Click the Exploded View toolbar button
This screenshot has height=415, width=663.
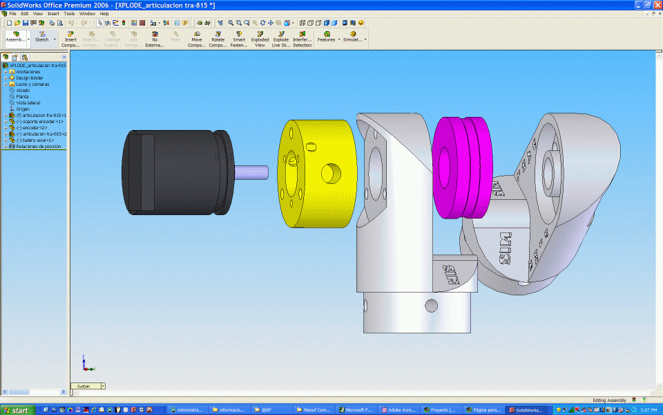(x=260, y=39)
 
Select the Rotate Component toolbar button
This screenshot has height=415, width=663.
(x=218, y=39)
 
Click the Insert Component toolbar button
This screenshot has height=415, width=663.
(x=70, y=39)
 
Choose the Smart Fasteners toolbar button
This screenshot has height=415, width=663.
(x=239, y=39)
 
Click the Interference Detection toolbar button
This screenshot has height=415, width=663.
(x=302, y=39)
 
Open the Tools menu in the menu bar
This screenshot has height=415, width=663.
(x=69, y=13)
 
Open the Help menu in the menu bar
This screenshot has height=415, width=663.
(x=104, y=13)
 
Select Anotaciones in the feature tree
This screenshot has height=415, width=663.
(x=28, y=71)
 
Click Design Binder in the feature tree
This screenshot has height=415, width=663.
(x=29, y=77)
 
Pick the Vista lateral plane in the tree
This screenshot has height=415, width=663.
(x=28, y=102)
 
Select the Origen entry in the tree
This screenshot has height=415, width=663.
(x=23, y=109)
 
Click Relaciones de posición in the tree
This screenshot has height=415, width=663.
(x=38, y=146)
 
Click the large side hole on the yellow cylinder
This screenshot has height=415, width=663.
(x=331, y=171)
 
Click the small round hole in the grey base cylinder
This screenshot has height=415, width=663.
(x=432, y=305)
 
